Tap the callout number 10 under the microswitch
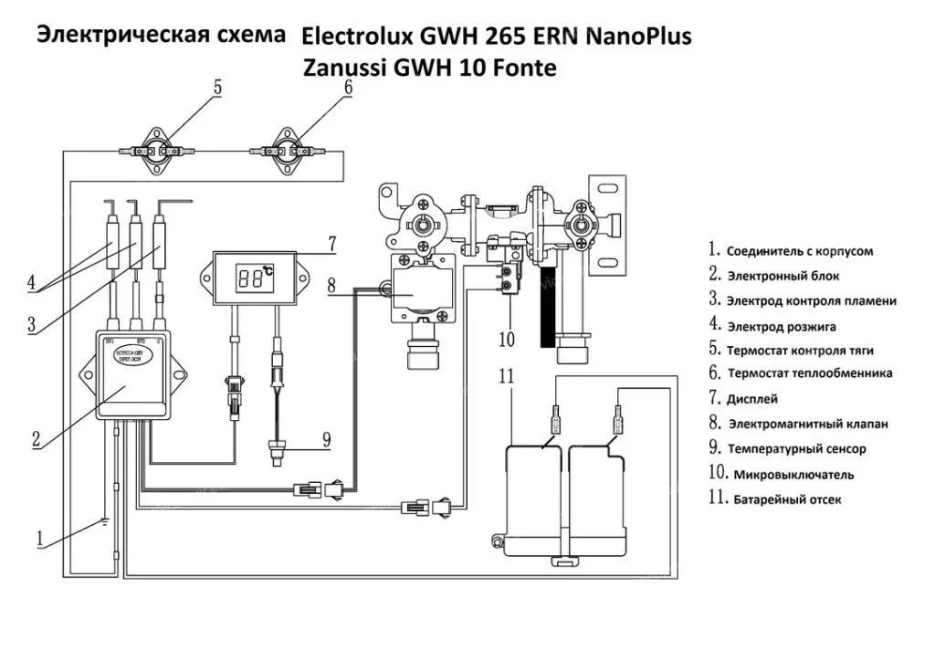click(x=508, y=340)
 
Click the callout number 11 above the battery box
click(x=510, y=374)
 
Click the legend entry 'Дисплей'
click(x=752, y=399)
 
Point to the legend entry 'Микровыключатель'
click(x=790, y=475)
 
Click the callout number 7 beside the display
click(x=332, y=244)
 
